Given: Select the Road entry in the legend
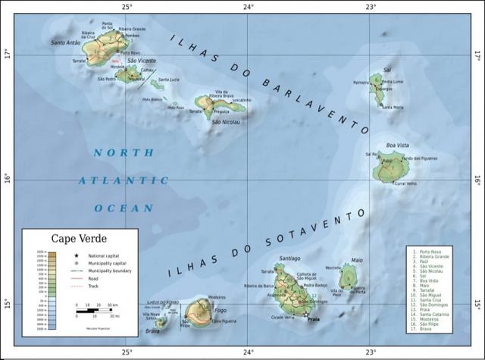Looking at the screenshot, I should (x=95, y=278).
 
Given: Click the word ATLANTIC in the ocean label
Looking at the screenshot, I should (x=123, y=180).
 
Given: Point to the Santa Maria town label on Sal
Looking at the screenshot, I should (x=393, y=108).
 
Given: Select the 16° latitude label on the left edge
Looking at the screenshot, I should (x=8, y=180).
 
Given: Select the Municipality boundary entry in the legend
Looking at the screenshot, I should (x=108, y=271).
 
